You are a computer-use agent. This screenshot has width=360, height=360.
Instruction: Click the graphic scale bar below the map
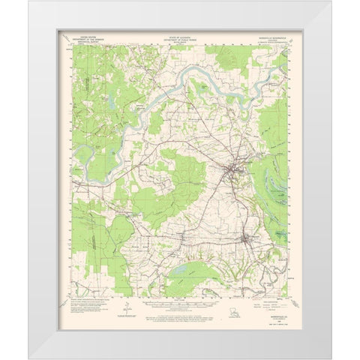coord(180,308)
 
